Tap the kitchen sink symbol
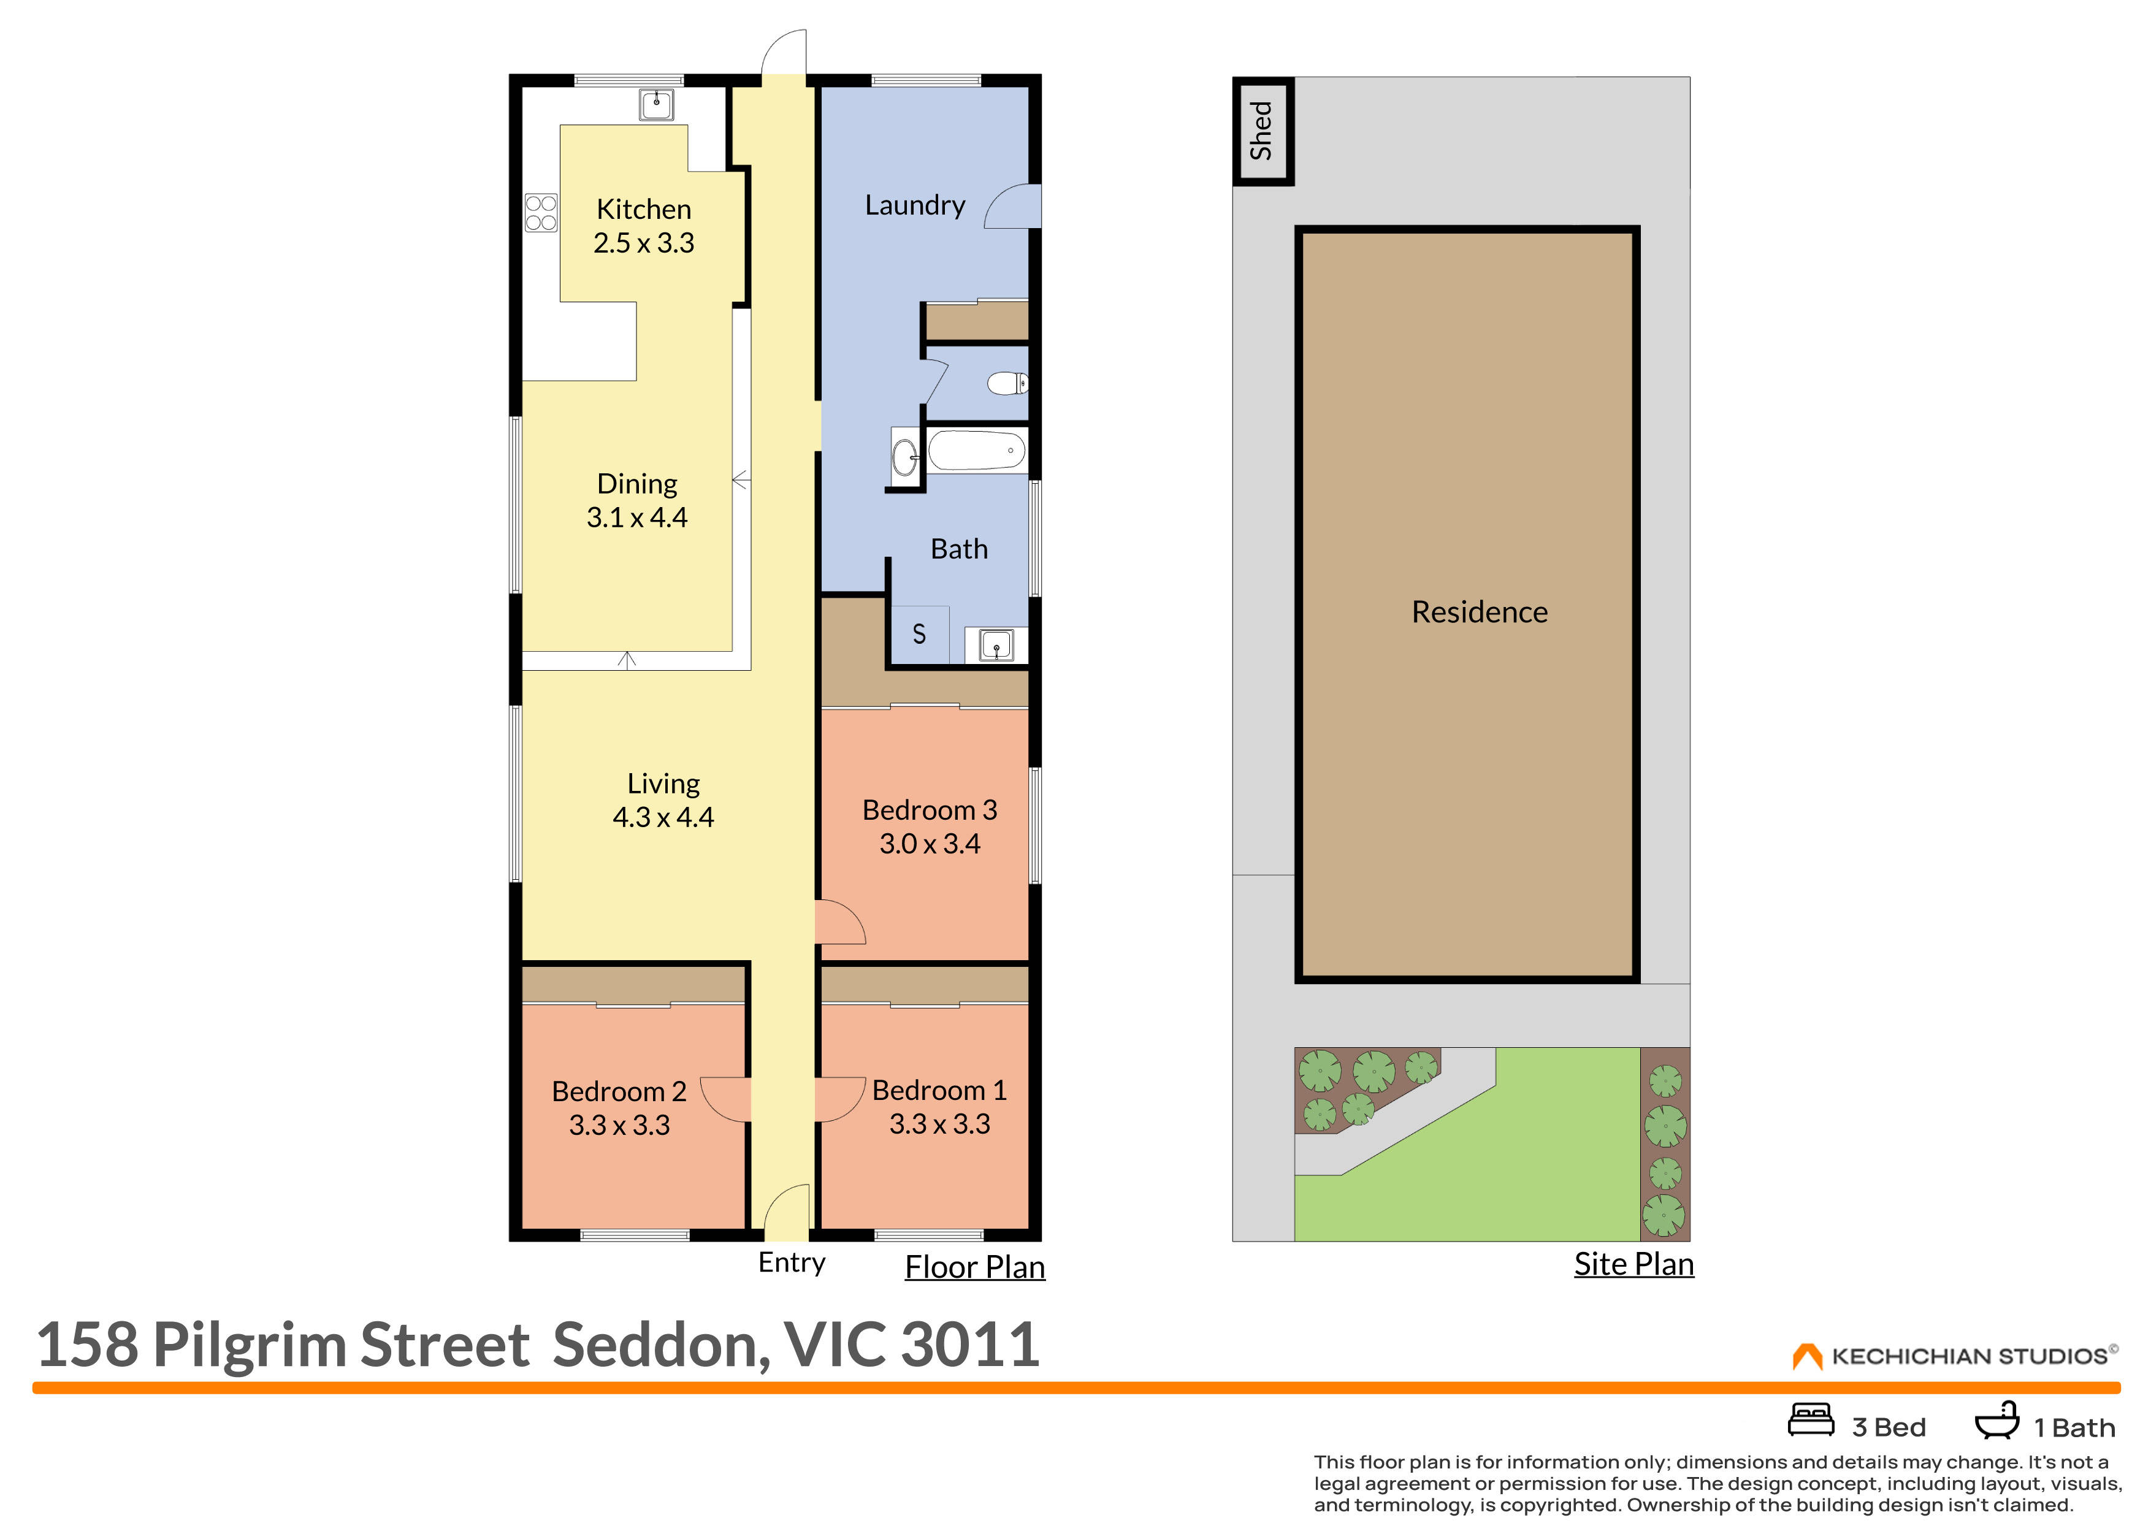point(655,104)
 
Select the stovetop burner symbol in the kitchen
point(540,212)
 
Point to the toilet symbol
point(1007,383)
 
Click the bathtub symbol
point(977,450)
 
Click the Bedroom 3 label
point(929,809)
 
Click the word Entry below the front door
point(792,1263)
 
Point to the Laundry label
point(914,204)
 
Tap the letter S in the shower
point(919,635)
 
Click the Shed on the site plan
point(1262,131)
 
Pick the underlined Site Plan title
point(1633,1264)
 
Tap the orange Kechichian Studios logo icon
point(1806,1356)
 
